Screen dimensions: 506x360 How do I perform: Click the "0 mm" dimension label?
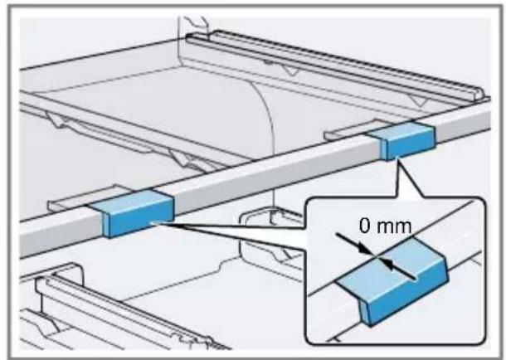coord(386,226)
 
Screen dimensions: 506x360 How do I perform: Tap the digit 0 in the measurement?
coord(364,226)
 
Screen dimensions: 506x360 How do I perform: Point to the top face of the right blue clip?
coord(400,130)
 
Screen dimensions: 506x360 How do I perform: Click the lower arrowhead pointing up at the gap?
coord(388,264)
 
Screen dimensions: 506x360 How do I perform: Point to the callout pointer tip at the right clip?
coord(397,158)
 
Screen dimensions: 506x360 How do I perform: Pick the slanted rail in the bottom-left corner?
coord(129,309)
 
